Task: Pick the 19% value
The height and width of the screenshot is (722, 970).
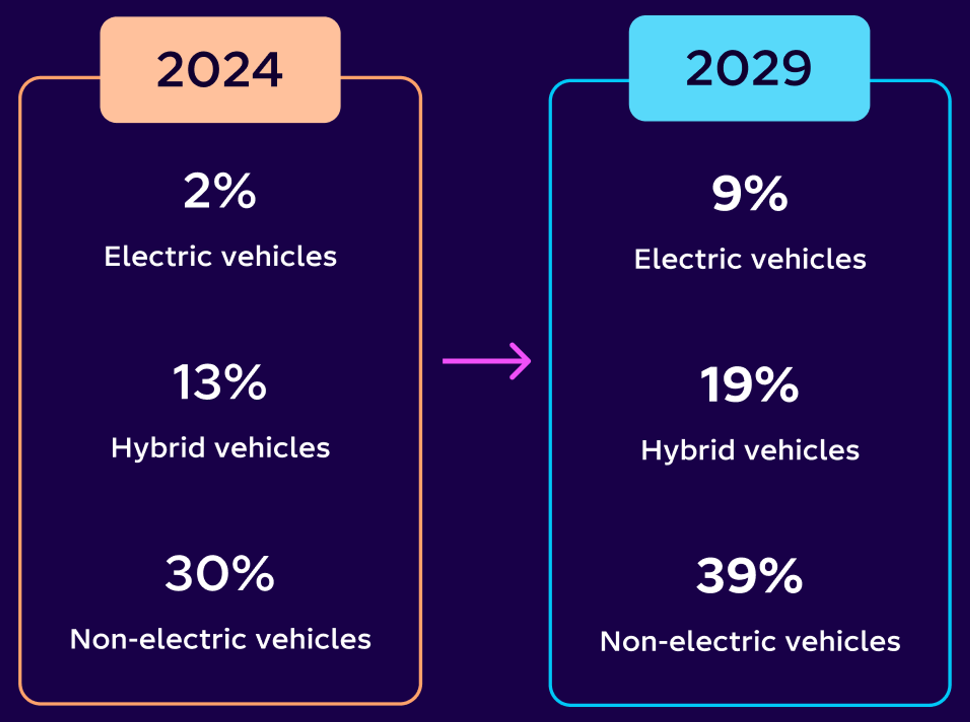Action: click(749, 385)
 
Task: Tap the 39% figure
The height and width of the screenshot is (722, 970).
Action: click(749, 576)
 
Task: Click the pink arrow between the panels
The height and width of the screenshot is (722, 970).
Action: click(486, 361)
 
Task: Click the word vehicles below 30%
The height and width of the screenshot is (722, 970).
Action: click(313, 639)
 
